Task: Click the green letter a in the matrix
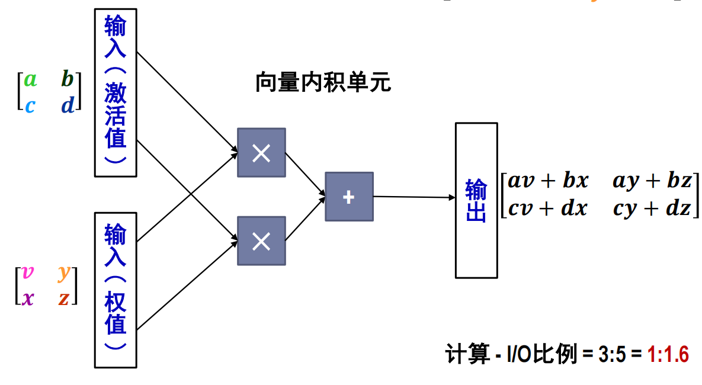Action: pos(30,79)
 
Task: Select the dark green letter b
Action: pos(68,79)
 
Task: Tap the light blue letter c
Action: pos(30,105)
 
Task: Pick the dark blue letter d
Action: pos(68,105)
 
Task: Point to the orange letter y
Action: pos(64,272)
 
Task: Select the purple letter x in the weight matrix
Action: pos(27,298)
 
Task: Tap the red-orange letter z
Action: pos(64,298)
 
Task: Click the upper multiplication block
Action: pos(261,153)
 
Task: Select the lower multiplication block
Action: pos(261,240)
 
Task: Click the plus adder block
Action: pos(349,197)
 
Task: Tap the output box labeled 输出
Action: pos(476,200)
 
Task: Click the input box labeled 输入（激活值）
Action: pos(116,92)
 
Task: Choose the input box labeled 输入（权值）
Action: pos(116,290)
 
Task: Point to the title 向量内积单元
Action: pos(323,82)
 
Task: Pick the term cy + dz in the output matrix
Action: pos(652,208)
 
